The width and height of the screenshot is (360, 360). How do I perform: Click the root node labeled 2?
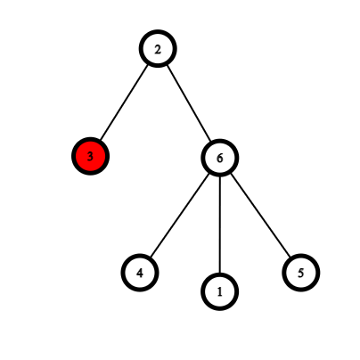point(158,49)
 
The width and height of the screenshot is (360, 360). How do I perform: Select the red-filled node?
point(90,156)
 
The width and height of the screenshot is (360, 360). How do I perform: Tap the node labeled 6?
point(220,158)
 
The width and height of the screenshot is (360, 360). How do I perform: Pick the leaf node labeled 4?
point(140,273)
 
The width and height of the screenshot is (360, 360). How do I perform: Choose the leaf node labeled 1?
point(220,291)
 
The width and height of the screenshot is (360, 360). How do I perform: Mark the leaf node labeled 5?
point(301,273)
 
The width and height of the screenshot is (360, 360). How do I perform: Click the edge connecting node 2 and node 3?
point(124,102)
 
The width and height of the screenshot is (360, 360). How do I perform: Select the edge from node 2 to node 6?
point(189,103)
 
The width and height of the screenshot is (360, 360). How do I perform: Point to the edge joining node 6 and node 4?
point(180,216)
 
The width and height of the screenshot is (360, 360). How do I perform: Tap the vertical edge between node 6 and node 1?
point(220,225)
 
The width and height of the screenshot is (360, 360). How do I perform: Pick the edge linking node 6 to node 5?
point(260,216)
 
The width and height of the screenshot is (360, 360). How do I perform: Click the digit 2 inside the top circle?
point(158,49)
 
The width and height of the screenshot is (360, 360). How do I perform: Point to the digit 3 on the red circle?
point(90,156)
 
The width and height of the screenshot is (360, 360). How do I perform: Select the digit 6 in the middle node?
point(220,158)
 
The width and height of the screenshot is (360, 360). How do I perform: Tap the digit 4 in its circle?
point(140,273)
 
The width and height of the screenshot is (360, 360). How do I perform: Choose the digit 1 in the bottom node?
point(220,292)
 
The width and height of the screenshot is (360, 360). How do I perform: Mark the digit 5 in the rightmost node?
point(301,273)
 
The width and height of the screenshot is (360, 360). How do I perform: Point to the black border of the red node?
point(90,139)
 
